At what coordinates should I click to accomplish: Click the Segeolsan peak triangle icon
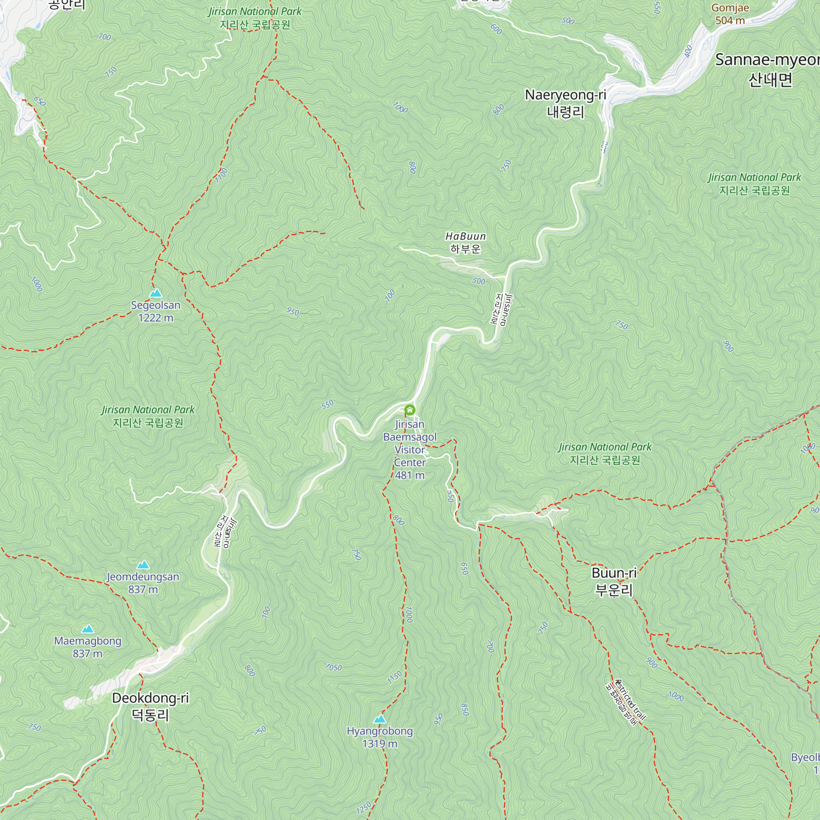pyautogui.click(x=156, y=293)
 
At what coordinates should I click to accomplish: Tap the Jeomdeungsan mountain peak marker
pyautogui.click(x=143, y=565)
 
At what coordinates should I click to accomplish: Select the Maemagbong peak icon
pyautogui.click(x=87, y=629)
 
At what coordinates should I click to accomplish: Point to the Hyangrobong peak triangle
pyautogui.click(x=380, y=719)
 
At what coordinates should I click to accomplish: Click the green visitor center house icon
pyautogui.click(x=410, y=410)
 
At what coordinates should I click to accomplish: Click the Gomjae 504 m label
pyautogui.click(x=730, y=14)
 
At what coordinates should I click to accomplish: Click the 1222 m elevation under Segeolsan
pyautogui.click(x=156, y=318)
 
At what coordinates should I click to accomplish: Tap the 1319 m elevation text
pyautogui.click(x=380, y=744)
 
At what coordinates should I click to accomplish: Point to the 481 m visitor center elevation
pyautogui.click(x=410, y=475)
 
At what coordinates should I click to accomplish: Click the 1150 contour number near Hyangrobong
pyautogui.click(x=394, y=677)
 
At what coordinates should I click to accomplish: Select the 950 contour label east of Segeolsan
pyautogui.click(x=292, y=312)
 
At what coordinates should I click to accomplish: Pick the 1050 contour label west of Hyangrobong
pyautogui.click(x=334, y=667)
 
